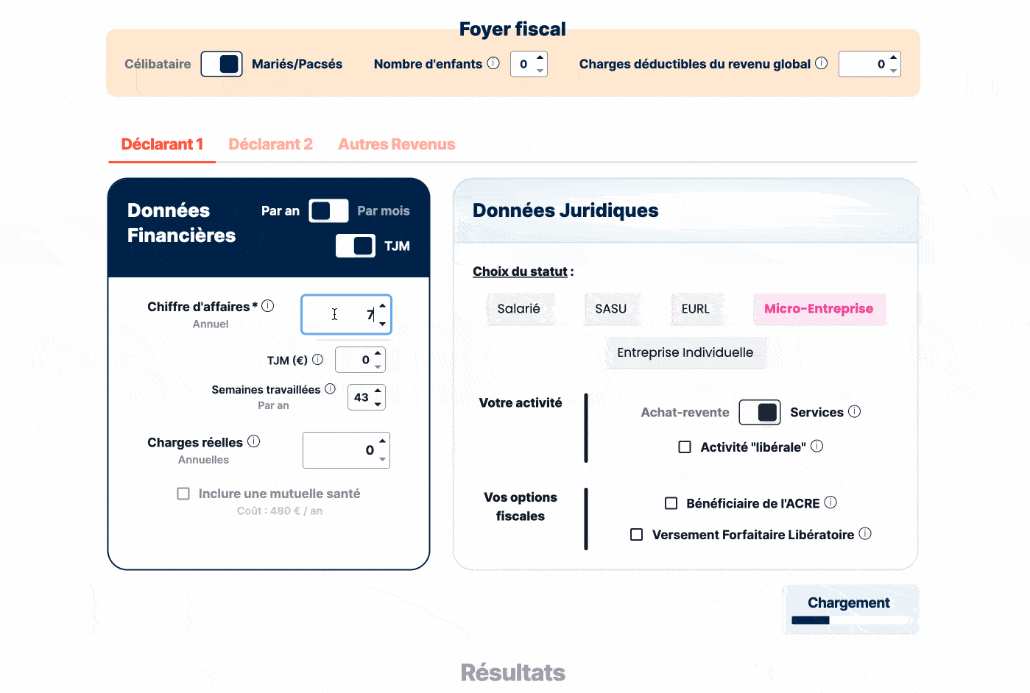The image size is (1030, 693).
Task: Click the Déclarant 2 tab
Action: (x=270, y=144)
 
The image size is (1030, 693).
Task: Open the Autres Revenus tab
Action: (x=396, y=144)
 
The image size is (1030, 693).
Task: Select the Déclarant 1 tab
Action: (x=162, y=144)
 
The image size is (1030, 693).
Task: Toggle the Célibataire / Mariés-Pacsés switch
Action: (x=222, y=64)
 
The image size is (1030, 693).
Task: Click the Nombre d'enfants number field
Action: (x=524, y=64)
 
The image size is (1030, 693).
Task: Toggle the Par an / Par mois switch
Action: (x=328, y=211)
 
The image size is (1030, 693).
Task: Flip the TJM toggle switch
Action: (x=356, y=246)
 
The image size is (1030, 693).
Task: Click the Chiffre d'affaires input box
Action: (x=340, y=315)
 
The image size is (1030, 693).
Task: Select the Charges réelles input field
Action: (x=340, y=450)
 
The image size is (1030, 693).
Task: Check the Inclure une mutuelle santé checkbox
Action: (x=183, y=494)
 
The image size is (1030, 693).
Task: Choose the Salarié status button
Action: (x=518, y=309)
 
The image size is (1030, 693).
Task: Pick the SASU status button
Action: (x=610, y=309)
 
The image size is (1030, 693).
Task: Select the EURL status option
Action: (x=695, y=309)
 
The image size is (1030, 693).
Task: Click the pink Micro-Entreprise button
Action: (x=818, y=309)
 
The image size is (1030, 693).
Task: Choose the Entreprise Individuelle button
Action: (x=685, y=352)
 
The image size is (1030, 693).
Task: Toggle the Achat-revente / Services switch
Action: (x=759, y=413)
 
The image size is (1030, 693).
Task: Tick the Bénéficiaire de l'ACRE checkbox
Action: (x=671, y=503)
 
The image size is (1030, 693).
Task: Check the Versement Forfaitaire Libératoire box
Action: (x=637, y=535)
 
